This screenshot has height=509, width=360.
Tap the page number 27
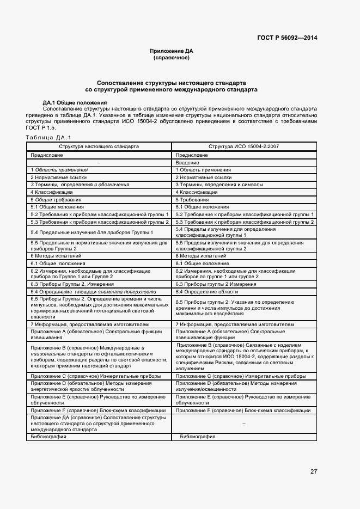click(x=314, y=471)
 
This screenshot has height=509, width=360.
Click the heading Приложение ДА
click(x=172, y=51)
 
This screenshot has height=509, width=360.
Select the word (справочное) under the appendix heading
click(x=172, y=58)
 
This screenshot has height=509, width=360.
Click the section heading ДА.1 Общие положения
click(x=75, y=102)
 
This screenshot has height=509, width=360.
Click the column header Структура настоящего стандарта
click(x=99, y=147)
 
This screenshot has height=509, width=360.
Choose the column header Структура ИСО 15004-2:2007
click(x=243, y=147)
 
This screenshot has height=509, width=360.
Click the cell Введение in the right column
click(x=187, y=163)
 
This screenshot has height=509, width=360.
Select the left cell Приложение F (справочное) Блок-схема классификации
click(x=98, y=410)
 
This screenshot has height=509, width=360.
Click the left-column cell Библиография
click(x=48, y=437)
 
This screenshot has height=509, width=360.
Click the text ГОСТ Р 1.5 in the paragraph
click(x=41, y=127)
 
